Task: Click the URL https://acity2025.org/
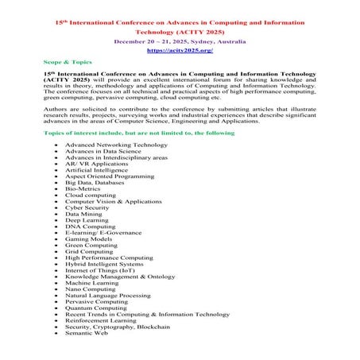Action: point(179,50)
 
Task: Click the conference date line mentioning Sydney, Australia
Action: point(179,39)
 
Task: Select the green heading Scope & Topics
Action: point(68,62)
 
